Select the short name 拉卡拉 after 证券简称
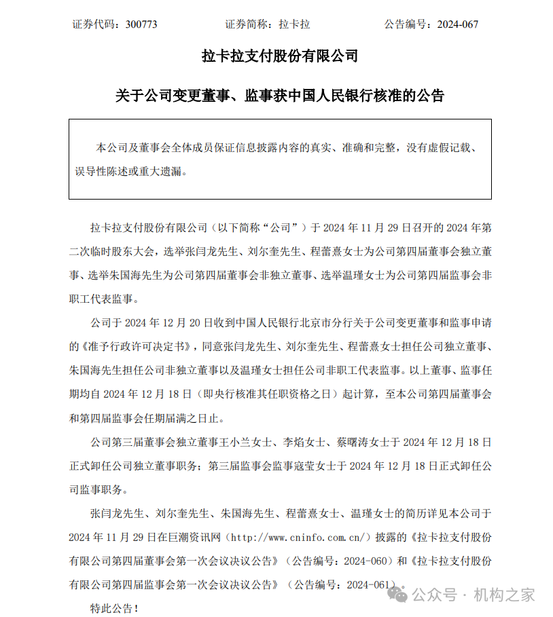[294, 24]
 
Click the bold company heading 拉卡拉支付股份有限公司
[280, 56]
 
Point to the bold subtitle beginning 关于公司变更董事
[280, 96]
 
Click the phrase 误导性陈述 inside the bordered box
[99, 172]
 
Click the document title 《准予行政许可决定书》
[132, 346]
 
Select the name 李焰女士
[305, 442]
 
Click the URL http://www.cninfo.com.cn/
[300, 538]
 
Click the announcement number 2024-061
[370, 584]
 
